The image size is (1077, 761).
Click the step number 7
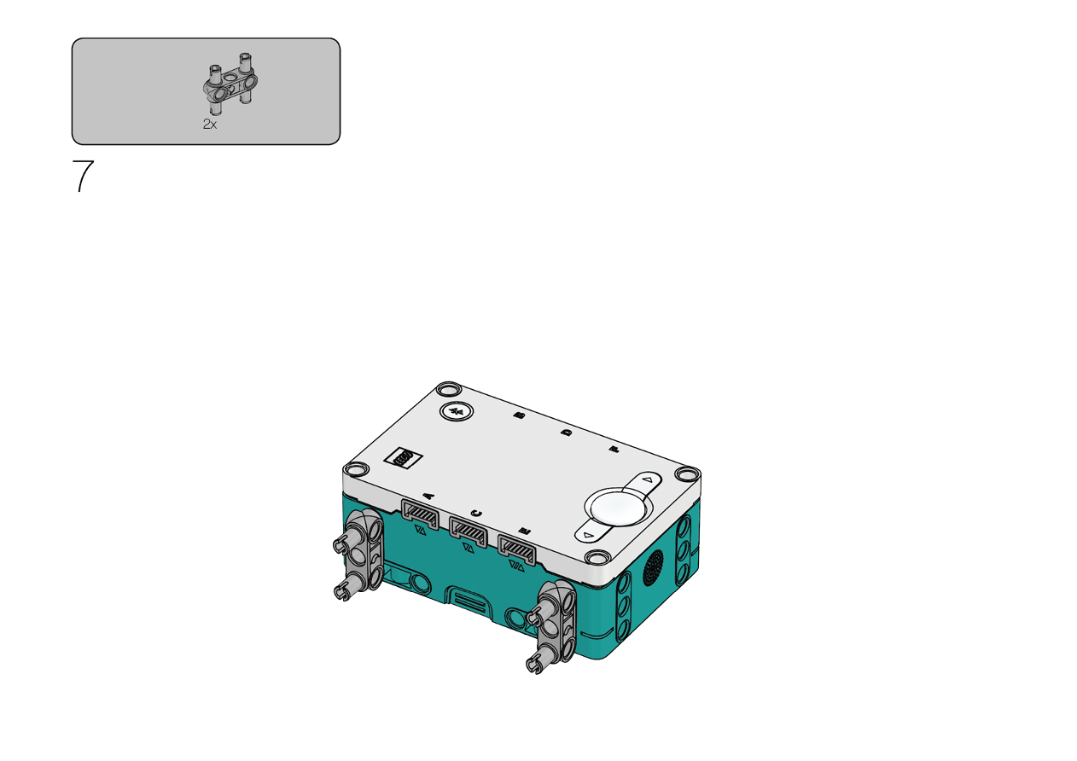(83, 176)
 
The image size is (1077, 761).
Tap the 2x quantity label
(210, 125)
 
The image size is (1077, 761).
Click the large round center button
(619, 508)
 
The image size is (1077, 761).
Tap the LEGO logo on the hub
(403, 458)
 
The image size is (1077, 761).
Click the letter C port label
(476, 514)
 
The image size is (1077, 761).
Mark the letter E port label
(525, 531)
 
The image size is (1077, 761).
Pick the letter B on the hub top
(519, 415)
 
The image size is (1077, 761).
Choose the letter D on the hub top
(567, 433)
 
